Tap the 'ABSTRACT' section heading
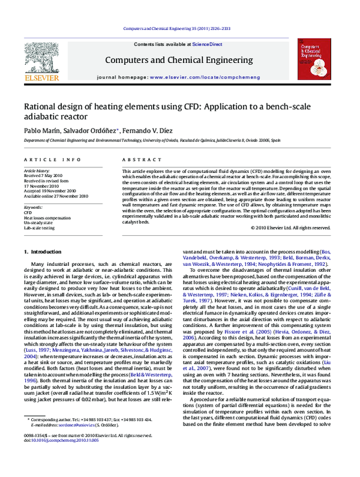tap(134, 160)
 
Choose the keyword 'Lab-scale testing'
tap(39, 228)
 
